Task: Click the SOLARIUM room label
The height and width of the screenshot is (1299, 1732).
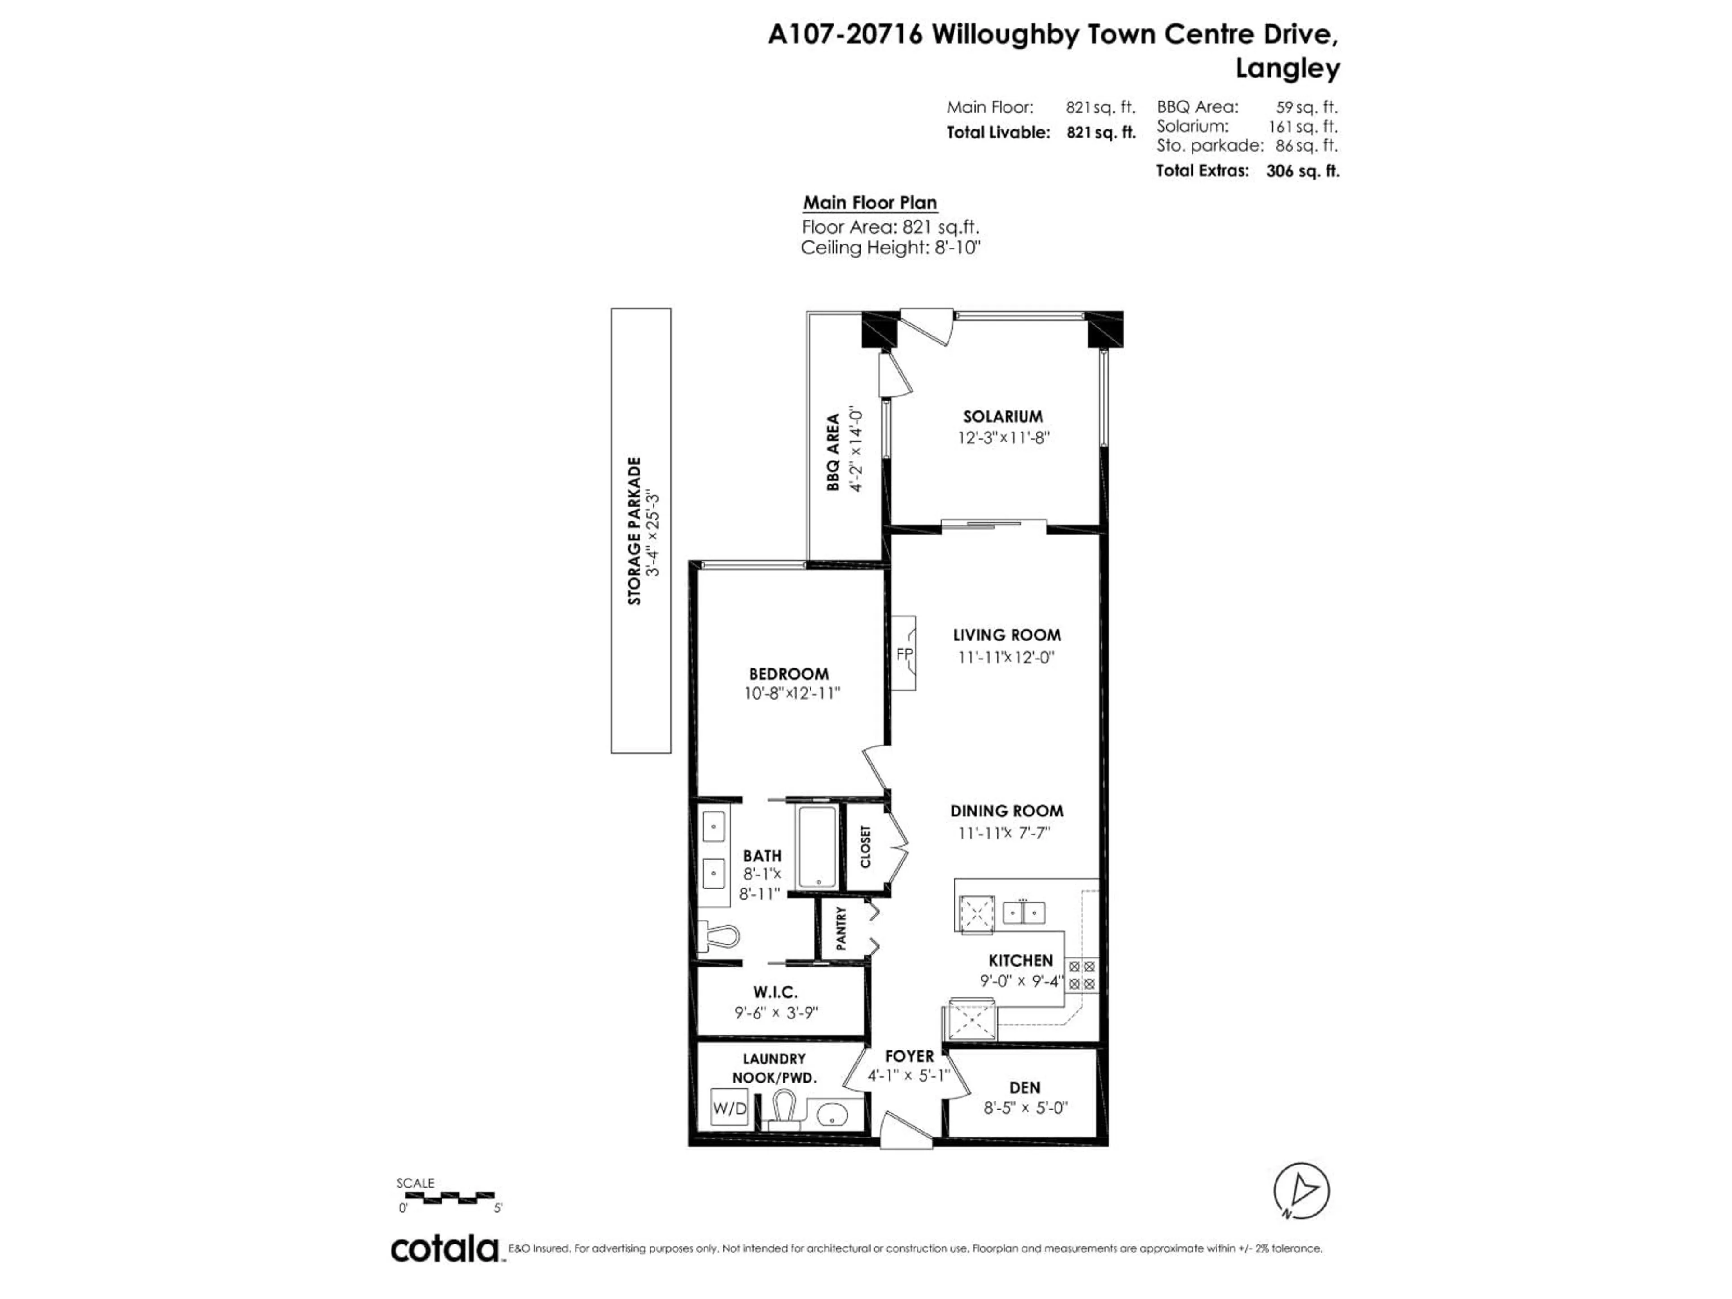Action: point(1002,417)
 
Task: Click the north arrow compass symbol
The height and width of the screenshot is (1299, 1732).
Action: point(1301,1191)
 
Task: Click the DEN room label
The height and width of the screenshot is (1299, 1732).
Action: point(1024,1087)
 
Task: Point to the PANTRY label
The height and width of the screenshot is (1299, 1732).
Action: point(841,929)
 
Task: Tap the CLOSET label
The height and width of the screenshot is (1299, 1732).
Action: point(865,847)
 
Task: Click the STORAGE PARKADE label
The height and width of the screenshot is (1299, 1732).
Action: point(634,531)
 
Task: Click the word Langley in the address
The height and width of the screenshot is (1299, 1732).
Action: point(1287,69)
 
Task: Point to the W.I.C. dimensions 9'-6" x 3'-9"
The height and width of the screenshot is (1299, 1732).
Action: point(776,1013)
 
